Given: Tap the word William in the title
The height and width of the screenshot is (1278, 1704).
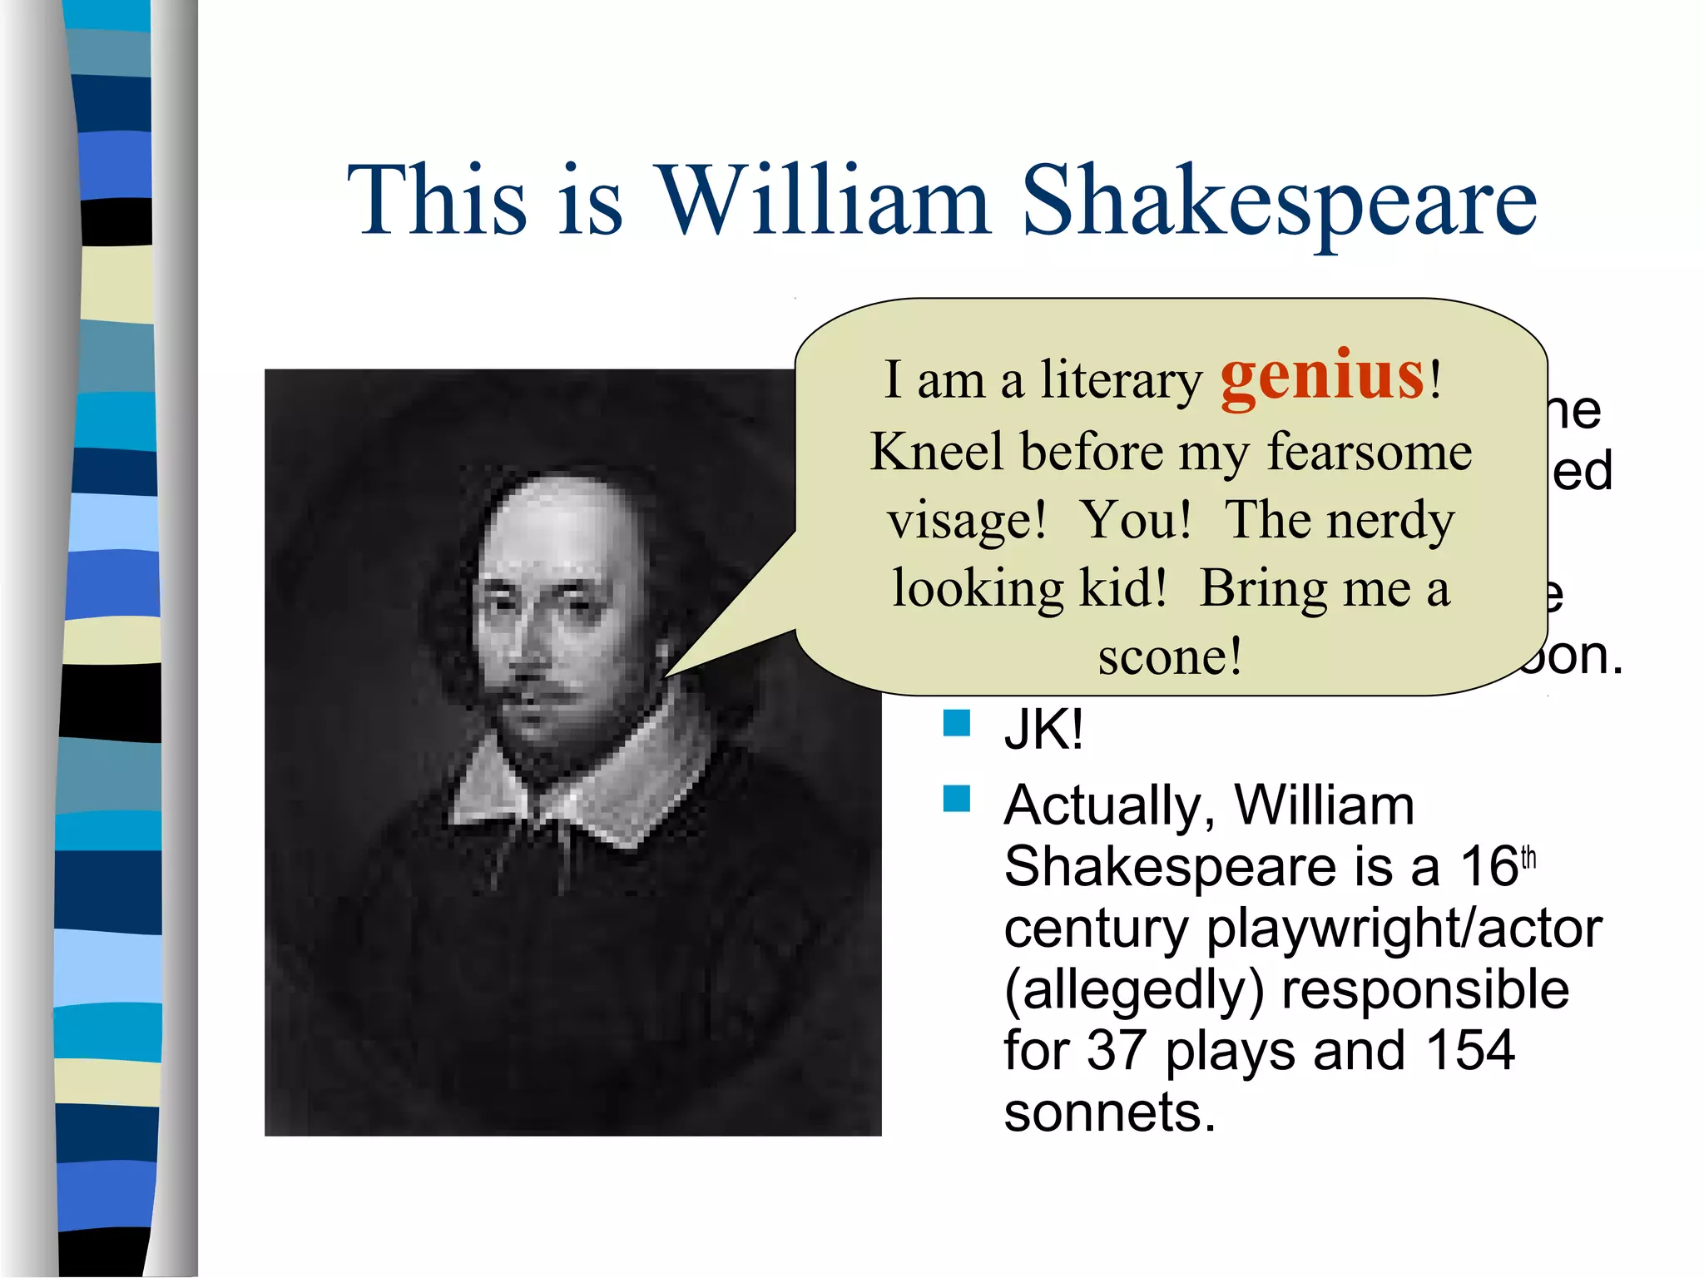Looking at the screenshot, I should coord(824,200).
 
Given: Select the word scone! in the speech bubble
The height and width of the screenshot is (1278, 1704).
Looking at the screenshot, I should coord(1170,657).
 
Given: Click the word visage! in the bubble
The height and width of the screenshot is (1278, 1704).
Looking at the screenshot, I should coord(966,522).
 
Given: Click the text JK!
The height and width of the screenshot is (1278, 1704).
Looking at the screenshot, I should coord(1043,730).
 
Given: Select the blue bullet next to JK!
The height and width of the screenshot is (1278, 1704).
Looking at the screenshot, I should coord(957,722).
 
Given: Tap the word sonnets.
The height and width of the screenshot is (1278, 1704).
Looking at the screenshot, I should coord(1109,1112).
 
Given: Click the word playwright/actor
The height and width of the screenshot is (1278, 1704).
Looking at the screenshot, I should coord(1403,929).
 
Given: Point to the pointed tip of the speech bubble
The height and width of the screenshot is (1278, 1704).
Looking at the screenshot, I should coord(666,675).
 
